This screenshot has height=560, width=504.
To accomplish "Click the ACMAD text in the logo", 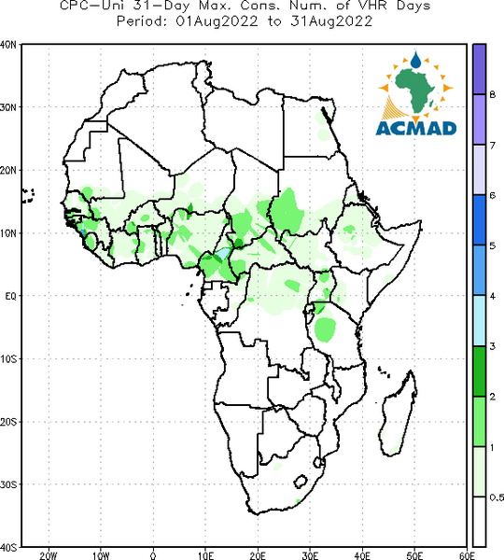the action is click(x=416, y=128).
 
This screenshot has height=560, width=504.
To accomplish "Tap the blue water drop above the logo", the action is click(x=415, y=60).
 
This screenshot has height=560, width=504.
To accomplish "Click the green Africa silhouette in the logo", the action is click(x=415, y=90).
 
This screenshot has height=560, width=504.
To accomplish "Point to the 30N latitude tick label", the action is click(x=7, y=107).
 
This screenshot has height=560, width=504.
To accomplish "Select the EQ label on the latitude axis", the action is click(x=10, y=296).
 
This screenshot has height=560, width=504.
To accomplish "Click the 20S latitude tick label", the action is click(x=7, y=422).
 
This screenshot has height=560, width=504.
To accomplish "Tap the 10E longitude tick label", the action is click(x=205, y=555).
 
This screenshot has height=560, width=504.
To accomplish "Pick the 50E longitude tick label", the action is click(x=414, y=555).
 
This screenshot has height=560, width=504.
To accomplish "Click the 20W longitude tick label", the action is click(x=49, y=555).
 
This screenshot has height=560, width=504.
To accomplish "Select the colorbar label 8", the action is click(x=493, y=94).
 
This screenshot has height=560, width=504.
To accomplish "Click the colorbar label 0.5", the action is click(x=497, y=497).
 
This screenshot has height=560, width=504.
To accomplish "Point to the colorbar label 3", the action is click(x=493, y=346).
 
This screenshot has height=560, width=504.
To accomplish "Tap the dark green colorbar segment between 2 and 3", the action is click(x=479, y=371).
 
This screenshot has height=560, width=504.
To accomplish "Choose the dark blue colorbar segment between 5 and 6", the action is click(x=479, y=220).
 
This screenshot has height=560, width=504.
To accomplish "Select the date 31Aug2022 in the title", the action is click(x=331, y=21).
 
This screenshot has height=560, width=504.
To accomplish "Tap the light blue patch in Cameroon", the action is click(x=223, y=254).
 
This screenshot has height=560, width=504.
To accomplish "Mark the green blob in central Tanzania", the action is click(x=325, y=329).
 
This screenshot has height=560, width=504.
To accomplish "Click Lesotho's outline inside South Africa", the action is click(x=301, y=481).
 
